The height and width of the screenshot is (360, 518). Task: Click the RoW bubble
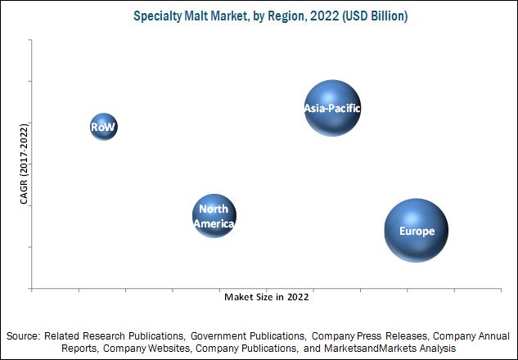click(103, 127)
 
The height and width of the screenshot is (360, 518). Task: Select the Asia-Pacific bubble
click(332, 108)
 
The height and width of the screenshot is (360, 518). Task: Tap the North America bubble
click(214, 216)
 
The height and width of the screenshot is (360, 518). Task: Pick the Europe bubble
click(416, 231)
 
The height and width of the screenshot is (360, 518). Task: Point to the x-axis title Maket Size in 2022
click(266, 298)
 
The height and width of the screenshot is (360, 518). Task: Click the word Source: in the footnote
click(23, 336)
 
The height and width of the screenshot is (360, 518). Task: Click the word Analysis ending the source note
click(435, 349)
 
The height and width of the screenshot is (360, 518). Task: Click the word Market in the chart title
click(227, 16)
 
